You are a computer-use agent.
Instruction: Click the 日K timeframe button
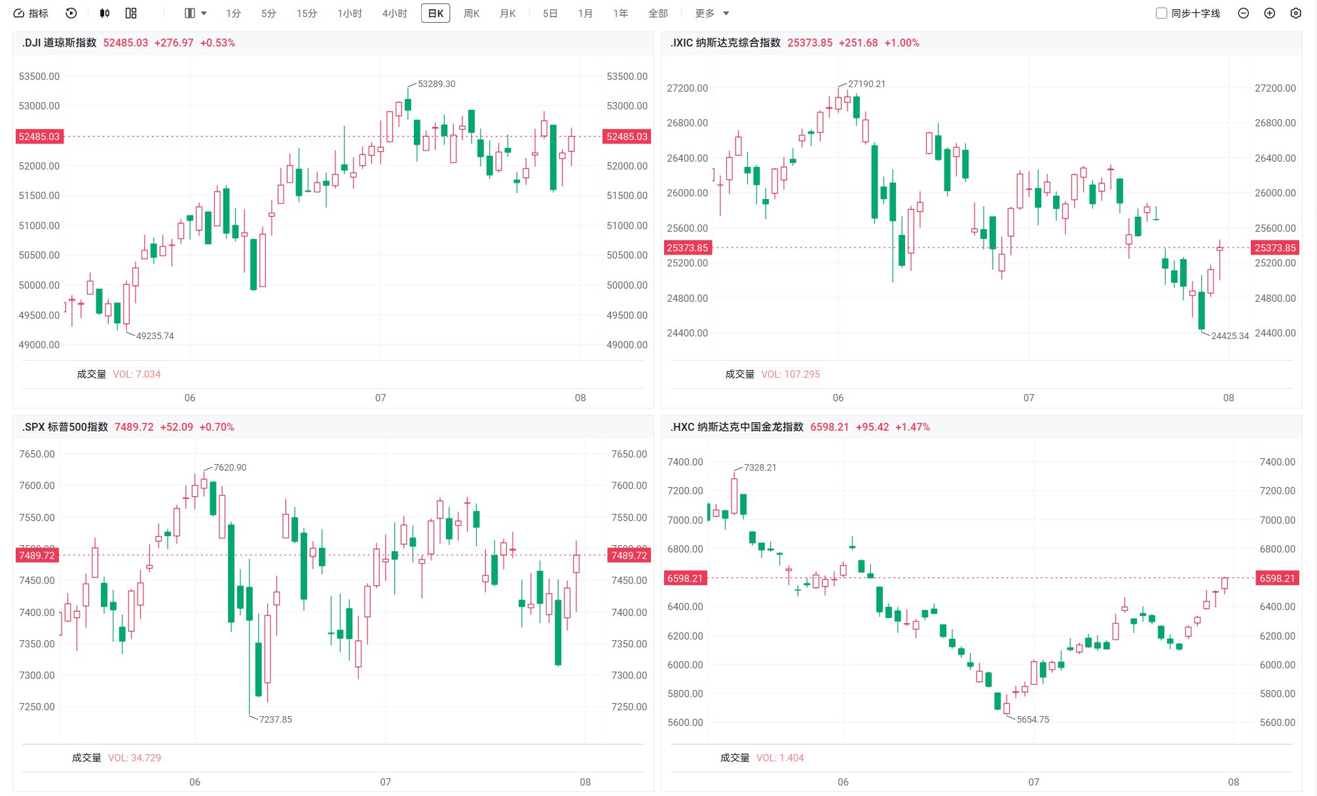(436, 13)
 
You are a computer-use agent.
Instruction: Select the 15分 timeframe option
(306, 13)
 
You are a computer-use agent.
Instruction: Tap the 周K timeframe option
(472, 13)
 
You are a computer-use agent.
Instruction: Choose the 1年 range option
(621, 13)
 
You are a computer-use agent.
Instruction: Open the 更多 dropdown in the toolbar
(712, 13)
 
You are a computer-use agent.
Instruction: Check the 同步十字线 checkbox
(1161, 13)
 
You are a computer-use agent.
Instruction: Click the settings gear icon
(1295, 13)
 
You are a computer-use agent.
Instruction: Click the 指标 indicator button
(31, 13)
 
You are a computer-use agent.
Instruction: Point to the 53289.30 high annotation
(436, 84)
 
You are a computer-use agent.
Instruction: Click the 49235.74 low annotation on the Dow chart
(155, 336)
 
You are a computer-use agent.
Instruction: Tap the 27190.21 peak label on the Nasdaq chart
(866, 84)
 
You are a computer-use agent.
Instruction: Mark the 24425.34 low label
(1230, 336)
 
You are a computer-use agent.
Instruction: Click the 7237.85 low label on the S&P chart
(276, 719)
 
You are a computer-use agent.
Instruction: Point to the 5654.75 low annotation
(1033, 719)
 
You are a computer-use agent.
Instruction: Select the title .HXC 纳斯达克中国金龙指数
(737, 427)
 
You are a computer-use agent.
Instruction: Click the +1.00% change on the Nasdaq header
(902, 43)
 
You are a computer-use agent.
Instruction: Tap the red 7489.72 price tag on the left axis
(37, 555)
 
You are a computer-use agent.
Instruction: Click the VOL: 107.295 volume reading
(790, 374)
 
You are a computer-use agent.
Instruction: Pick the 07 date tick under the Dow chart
(380, 398)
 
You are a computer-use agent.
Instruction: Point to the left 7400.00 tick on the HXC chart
(685, 462)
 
